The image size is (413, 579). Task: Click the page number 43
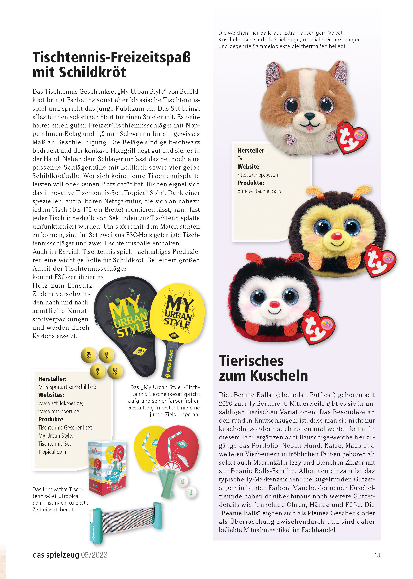[377, 555]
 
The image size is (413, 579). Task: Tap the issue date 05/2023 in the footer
[94, 555]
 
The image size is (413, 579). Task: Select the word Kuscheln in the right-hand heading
[279, 376]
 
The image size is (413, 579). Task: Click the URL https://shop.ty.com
[258, 175]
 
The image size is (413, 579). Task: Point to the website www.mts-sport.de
[59, 411]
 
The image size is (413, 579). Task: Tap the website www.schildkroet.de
[61, 403]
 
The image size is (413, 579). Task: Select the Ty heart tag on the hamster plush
[352, 138]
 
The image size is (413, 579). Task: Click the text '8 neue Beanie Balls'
[259, 191]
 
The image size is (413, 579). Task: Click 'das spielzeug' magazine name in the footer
[56, 555]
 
